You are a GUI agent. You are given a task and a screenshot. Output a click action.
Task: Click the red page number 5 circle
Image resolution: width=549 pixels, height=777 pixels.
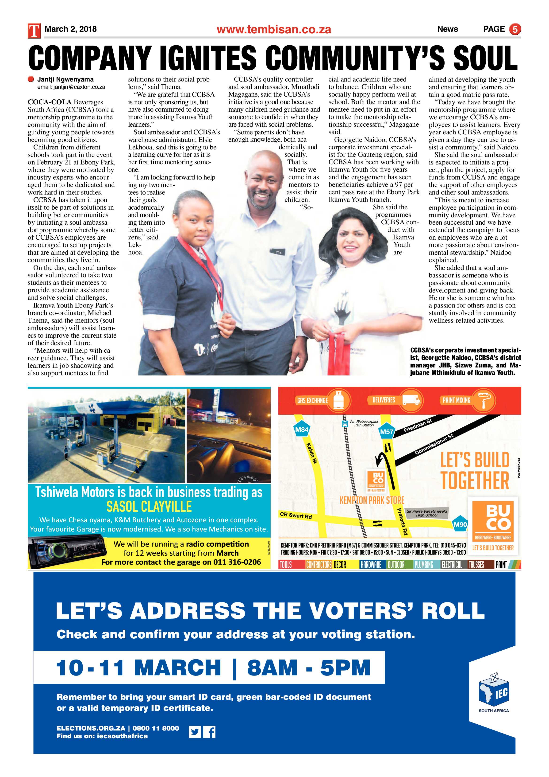pos(515,29)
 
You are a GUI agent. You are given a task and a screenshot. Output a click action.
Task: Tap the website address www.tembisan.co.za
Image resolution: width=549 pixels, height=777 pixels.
pos(274,30)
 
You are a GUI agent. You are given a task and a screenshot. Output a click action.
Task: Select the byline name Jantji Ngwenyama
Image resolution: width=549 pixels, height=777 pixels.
pos(65,79)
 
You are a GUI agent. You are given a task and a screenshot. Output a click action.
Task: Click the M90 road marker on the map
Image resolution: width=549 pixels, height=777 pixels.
pos(460,525)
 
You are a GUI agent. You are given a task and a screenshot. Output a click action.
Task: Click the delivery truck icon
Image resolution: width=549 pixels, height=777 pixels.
pos(412,400)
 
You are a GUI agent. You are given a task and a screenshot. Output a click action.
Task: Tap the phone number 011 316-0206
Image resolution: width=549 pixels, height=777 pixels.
pos(237,562)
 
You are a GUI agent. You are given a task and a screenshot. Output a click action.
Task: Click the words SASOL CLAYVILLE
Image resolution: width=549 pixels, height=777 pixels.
pos(149,507)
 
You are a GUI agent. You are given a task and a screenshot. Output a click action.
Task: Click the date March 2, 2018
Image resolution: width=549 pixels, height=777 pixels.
pos(71,29)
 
